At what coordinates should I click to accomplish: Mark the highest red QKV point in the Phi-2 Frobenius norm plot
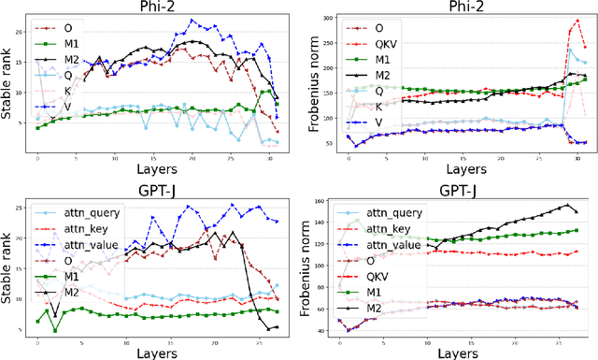578,21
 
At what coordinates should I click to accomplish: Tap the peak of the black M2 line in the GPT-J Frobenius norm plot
566,206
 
